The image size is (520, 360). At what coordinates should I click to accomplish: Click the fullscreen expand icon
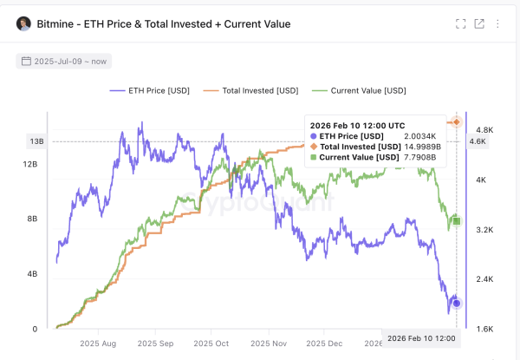(x=461, y=24)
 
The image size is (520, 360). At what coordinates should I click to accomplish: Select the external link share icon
(x=479, y=24)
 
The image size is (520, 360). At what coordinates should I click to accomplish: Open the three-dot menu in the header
(x=498, y=24)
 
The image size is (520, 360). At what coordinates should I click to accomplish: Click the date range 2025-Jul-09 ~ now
(x=63, y=62)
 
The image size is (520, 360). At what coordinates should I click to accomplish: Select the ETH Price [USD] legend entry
(x=151, y=90)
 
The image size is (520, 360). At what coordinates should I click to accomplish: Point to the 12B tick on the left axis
(x=29, y=164)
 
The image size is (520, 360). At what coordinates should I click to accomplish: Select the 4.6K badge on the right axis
(x=478, y=141)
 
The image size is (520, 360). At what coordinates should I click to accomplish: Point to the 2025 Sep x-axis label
(x=155, y=344)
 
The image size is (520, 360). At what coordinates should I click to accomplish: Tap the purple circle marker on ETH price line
(x=457, y=303)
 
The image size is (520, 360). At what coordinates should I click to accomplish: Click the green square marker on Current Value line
(x=457, y=222)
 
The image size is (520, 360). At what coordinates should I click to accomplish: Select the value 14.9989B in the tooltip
(x=426, y=147)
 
